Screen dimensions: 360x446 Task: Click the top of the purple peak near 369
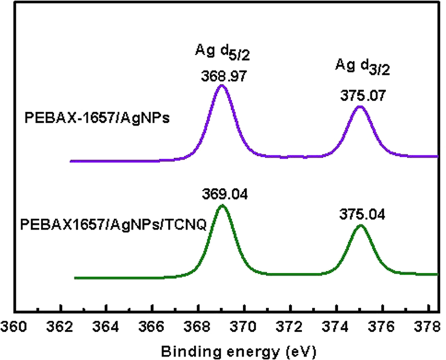[221, 85]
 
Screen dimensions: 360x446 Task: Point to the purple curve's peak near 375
[360, 106]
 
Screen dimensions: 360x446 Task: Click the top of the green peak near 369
[222, 206]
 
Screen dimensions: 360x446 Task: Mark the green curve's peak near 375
[360, 226]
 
